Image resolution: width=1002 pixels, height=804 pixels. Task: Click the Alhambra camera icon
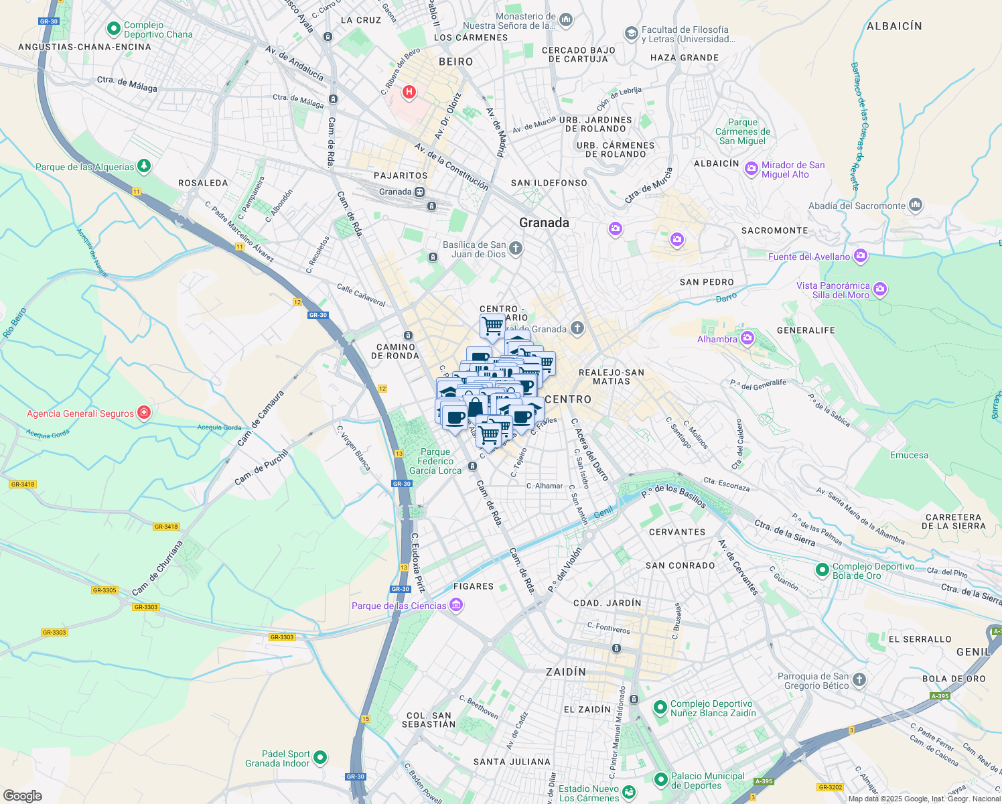click(747, 338)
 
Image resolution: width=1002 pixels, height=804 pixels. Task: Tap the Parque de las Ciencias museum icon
click(456, 606)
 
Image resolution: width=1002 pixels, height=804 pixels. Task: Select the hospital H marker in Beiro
click(409, 92)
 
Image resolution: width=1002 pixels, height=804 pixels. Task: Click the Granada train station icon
click(419, 192)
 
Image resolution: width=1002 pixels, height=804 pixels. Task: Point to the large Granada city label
click(544, 223)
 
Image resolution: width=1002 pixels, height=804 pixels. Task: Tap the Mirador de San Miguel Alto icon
click(751, 169)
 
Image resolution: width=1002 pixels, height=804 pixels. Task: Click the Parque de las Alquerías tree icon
click(143, 165)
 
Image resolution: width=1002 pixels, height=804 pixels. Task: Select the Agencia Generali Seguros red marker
click(143, 413)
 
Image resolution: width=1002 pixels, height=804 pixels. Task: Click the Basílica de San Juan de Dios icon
click(515, 249)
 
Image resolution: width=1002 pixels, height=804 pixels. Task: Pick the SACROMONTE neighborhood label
click(774, 230)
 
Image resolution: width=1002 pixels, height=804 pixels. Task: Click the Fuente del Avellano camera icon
click(861, 256)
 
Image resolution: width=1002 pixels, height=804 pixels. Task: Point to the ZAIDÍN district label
click(566, 672)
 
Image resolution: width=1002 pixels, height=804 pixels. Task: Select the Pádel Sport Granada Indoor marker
click(320, 758)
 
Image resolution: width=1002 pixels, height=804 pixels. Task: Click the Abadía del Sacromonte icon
click(916, 205)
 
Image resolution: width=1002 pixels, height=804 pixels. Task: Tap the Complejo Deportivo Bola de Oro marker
click(822, 570)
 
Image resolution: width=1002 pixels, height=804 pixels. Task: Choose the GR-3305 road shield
click(104, 590)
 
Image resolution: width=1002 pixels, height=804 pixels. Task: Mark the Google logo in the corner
click(23, 795)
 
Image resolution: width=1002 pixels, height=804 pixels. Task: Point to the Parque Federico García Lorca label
click(435, 461)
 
